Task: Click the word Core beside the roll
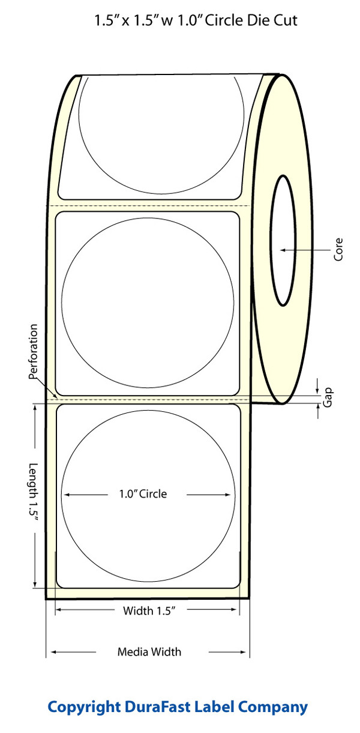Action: (339, 249)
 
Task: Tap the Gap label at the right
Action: (328, 397)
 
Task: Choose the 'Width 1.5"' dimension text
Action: (148, 611)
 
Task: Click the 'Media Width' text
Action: (149, 651)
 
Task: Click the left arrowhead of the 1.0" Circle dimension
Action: (67, 495)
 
